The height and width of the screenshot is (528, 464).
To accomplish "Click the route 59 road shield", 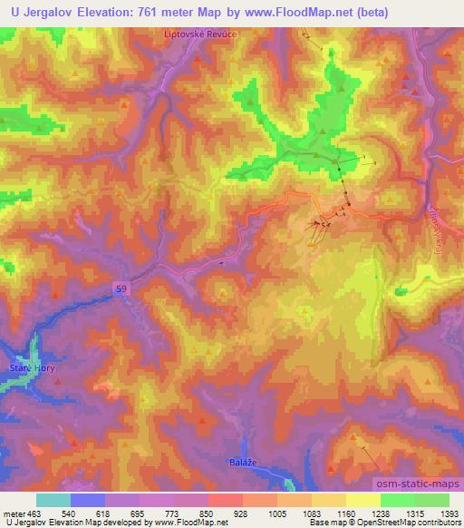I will (121, 288).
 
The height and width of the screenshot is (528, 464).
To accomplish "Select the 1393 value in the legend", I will (449, 514).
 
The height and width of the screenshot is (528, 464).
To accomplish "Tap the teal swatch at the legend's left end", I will (53, 500).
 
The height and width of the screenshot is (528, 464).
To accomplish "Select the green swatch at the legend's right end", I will (431, 500).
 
